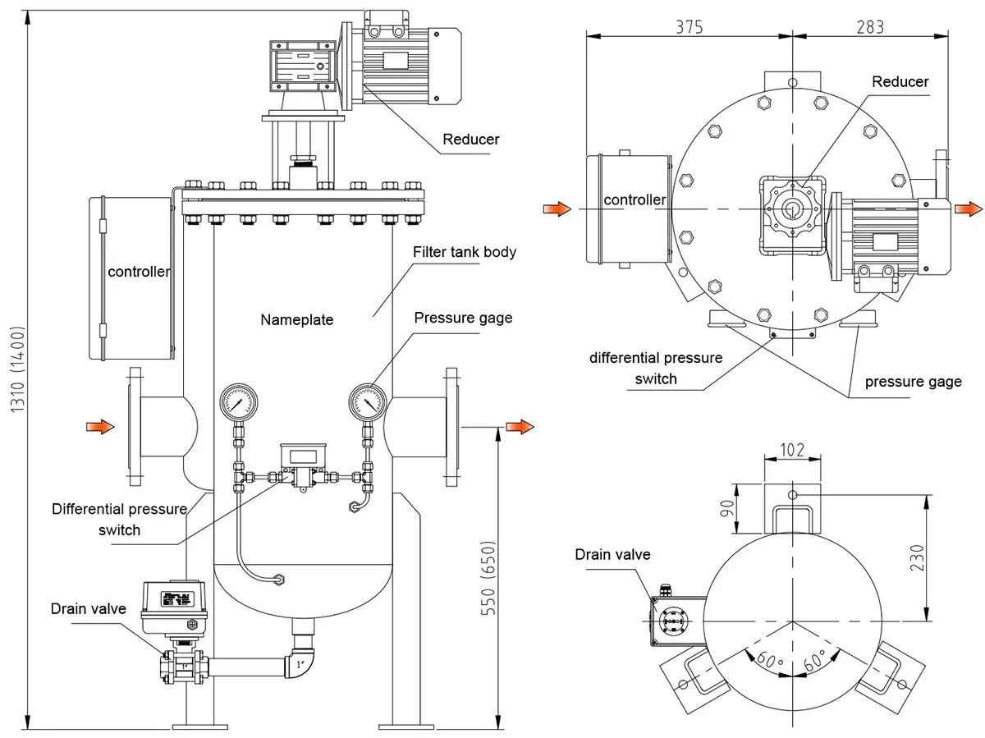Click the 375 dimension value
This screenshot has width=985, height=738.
pos(689,26)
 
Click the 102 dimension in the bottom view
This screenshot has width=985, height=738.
pos(791,451)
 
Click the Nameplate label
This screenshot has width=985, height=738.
pos(297,320)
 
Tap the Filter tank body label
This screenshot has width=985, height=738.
pos(465,252)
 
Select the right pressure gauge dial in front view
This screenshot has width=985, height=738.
pos(366,402)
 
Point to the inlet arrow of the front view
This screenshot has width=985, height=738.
pos(100,425)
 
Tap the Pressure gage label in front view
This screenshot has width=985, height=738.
pos(463,318)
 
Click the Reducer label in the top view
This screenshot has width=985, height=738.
pos(900,81)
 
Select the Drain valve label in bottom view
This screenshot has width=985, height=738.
pos(612,554)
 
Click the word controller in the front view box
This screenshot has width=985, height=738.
pos(139,271)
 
